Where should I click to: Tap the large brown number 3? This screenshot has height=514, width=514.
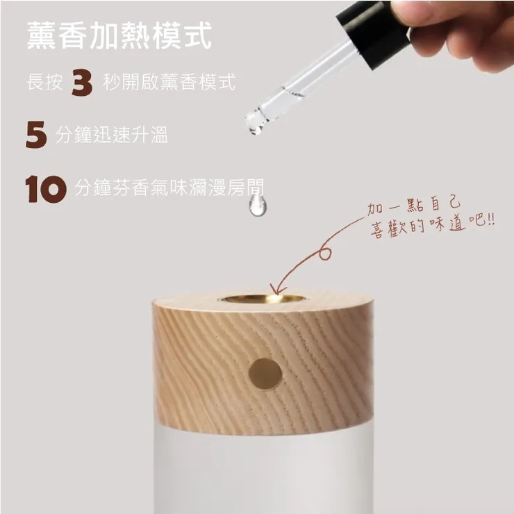click(x=82, y=84)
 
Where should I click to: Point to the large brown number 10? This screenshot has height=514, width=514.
click(x=45, y=189)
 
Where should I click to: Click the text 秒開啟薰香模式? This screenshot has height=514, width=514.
click(x=169, y=83)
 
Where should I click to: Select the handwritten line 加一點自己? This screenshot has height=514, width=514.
click(x=413, y=208)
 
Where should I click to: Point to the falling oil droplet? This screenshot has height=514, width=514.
click(x=258, y=204)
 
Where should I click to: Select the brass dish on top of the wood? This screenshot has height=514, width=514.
click(x=263, y=299)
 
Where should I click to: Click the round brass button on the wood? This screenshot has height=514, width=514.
click(x=265, y=374)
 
